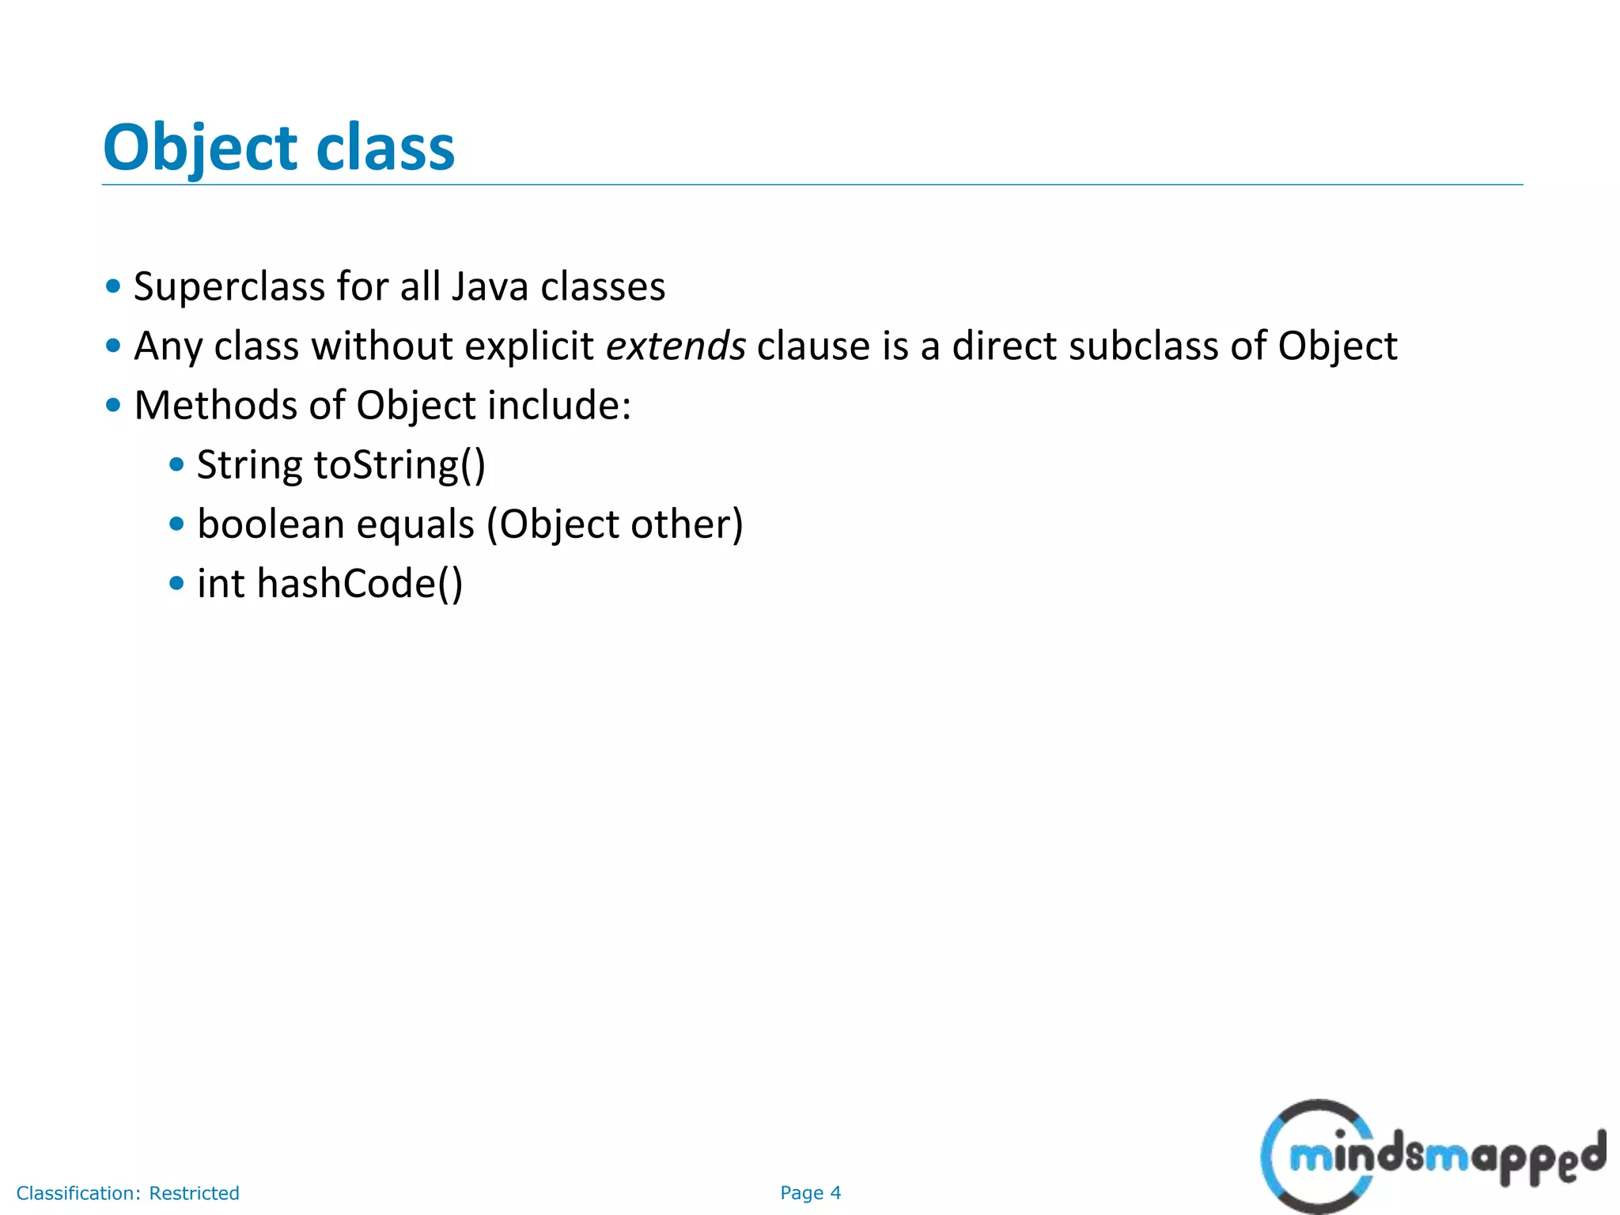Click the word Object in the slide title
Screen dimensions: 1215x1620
[x=199, y=149]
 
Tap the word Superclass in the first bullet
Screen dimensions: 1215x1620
[x=229, y=286]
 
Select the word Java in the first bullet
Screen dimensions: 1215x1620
[x=489, y=286]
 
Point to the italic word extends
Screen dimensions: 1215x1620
[x=676, y=346]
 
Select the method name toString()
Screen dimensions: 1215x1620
[x=399, y=465]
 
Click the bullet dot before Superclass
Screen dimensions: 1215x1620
[x=113, y=286]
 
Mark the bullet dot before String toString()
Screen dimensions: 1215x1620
[x=176, y=465]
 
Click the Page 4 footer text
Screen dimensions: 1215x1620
[x=810, y=1193]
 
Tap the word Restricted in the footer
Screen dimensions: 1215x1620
[x=194, y=1193]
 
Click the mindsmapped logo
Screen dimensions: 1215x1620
[x=1432, y=1156]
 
